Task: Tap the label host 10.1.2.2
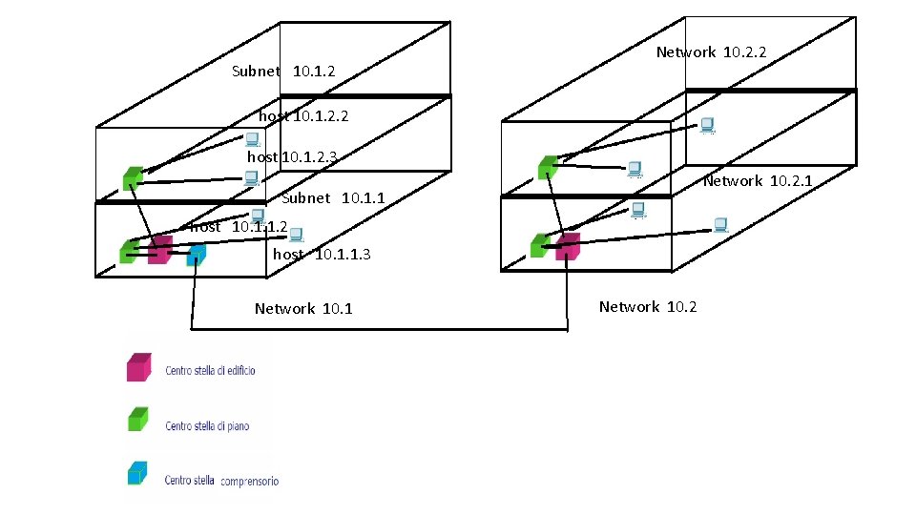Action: click(303, 115)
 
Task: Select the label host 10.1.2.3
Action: click(292, 156)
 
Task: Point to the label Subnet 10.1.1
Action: click(333, 198)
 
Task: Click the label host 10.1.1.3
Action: click(322, 255)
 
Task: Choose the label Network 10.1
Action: click(303, 308)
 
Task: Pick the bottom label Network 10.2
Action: click(648, 306)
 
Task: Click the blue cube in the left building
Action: click(196, 255)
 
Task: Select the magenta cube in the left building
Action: click(159, 250)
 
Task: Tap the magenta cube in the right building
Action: click(568, 246)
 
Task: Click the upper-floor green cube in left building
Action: click(133, 177)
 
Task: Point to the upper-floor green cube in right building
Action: click(547, 168)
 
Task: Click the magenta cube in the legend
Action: click(138, 367)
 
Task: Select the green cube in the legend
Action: click(138, 420)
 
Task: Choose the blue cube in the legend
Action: click(138, 474)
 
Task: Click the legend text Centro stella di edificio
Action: click(210, 370)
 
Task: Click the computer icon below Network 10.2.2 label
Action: click(707, 125)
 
